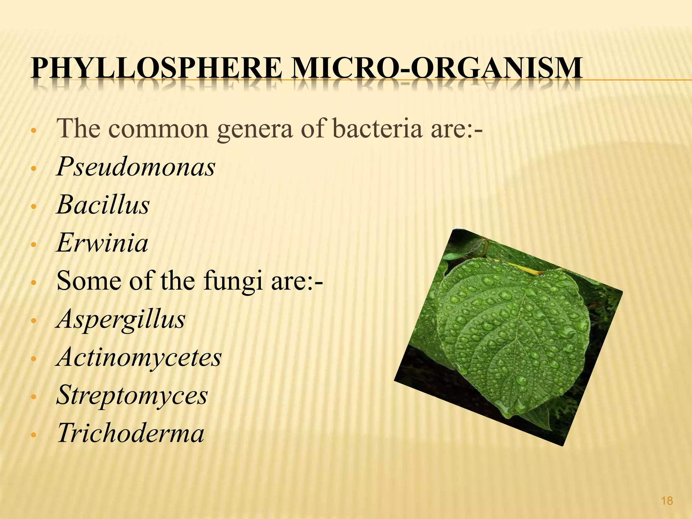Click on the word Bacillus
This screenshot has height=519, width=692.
pos(103,205)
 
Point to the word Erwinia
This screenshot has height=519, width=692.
pos(102,243)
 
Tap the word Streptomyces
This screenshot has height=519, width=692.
pos(132,395)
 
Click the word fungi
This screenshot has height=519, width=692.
pos(233,282)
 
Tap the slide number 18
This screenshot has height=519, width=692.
pos(667,501)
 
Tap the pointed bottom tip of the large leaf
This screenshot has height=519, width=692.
pos(514,417)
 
